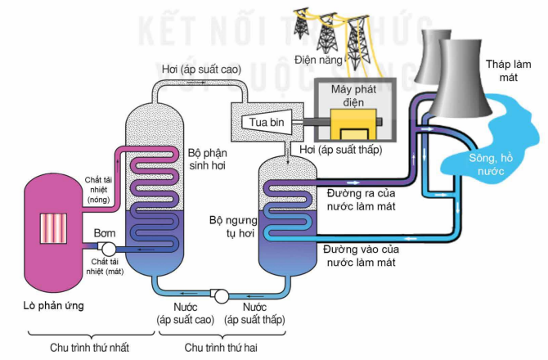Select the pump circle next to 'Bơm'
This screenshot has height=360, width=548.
pos(107,249)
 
